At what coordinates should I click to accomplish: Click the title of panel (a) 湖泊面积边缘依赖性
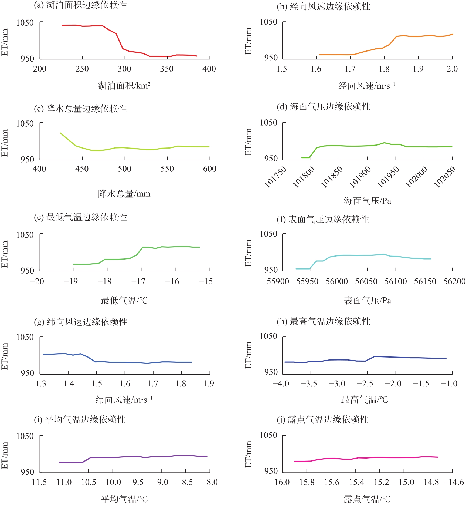[x=80, y=5]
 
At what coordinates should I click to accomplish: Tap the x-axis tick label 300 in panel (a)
[x=124, y=69]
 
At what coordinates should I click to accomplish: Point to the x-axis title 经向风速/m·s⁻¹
[x=367, y=86]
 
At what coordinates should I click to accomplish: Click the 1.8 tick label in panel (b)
[x=384, y=69]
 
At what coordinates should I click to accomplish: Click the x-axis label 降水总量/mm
[x=124, y=194]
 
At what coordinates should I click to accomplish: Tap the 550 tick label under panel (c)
[x=167, y=169]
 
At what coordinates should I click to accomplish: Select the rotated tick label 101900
[x=360, y=177]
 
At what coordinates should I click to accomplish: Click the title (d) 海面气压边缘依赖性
[x=324, y=107]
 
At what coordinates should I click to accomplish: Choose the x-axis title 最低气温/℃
[x=124, y=300]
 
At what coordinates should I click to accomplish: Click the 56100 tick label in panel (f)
[x=396, y=282]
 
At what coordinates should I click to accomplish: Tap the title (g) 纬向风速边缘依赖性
[x=81, y=322]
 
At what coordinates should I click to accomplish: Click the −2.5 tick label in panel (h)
[x=365, y=384]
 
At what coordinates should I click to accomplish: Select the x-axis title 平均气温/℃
[x=124, y=499]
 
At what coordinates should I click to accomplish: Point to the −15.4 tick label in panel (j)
[x=355, y=482]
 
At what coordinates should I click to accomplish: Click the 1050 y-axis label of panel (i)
[x=25, y=436]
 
